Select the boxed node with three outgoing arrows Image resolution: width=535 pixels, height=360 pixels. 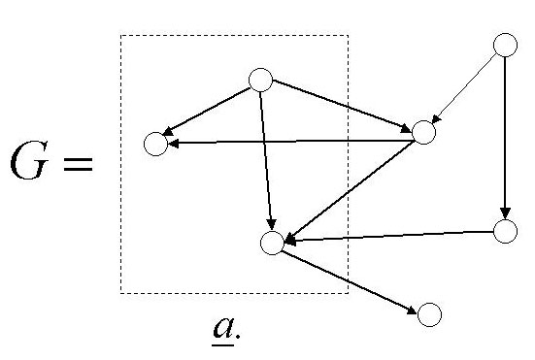259,80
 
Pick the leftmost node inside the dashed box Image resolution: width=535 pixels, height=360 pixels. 154,145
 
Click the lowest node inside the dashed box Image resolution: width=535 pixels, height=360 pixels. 273,243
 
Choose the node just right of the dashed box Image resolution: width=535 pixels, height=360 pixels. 423,131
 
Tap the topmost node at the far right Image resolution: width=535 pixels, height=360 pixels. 505,45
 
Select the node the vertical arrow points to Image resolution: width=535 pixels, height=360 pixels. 505,231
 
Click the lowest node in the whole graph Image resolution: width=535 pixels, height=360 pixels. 429,314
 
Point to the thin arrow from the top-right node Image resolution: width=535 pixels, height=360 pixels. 466,86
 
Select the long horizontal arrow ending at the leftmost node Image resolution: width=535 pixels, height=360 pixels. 291,142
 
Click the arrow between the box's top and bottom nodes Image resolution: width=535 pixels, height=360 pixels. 267,160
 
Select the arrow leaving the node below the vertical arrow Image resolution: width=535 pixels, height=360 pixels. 388,236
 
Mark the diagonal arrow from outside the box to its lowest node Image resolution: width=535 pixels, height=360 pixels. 350,188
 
